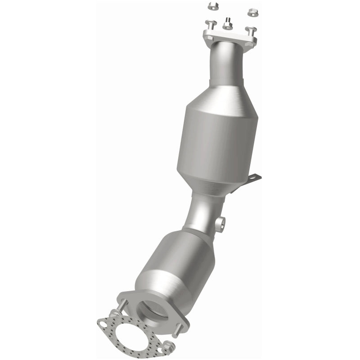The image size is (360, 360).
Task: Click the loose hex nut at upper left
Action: (212, 6)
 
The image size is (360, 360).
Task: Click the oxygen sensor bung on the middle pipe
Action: (220, 224)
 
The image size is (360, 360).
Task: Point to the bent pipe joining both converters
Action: (202, 211)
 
